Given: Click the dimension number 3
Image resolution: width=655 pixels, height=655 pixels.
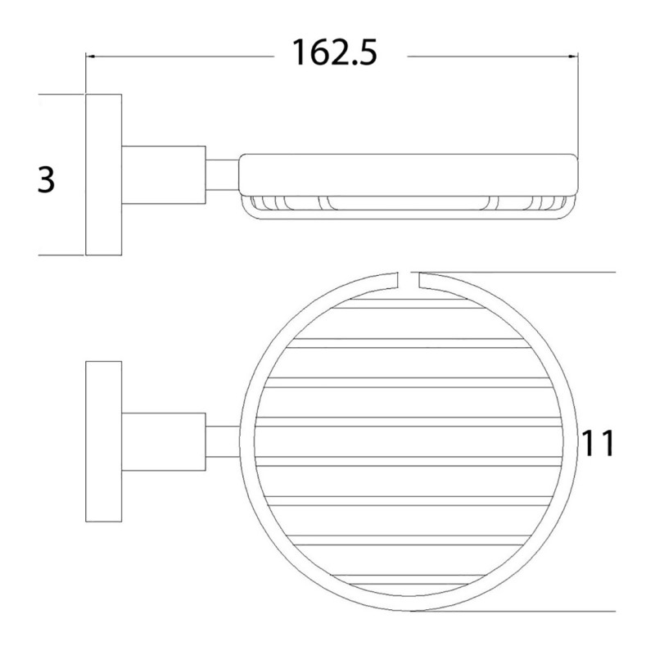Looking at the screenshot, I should click(47, 178).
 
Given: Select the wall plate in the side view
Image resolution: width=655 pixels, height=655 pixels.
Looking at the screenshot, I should click(103, 174).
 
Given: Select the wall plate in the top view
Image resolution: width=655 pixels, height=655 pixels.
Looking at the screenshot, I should click(103, 441).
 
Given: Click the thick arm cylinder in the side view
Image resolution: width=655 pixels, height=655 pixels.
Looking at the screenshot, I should click(163, 174).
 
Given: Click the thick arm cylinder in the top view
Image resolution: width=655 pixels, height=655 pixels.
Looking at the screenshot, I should click(163, 441).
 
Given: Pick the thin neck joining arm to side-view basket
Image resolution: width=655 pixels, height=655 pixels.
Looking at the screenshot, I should click(220, 174).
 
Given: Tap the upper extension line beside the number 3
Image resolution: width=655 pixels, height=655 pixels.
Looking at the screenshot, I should click(61, 95).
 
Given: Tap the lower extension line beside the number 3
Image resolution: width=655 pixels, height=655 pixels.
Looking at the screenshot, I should click(61, 255).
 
